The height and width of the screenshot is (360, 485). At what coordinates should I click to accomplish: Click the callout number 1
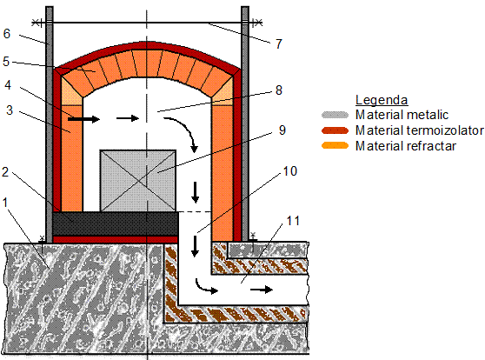pos(4,203)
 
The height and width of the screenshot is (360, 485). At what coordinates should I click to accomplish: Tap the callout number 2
pos(5,172)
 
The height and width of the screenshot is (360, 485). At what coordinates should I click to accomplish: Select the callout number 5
pos(6,62)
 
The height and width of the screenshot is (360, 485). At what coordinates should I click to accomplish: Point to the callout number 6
pos(6,34)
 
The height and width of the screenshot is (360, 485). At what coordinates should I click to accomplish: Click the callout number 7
pos(279,44)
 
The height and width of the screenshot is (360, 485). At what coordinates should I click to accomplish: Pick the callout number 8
pos(279,90)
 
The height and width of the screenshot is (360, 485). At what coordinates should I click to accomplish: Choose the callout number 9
pos(282,130)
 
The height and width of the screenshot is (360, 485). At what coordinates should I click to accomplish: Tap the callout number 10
pos(289,171)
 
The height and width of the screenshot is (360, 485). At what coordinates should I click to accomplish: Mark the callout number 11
pos(293,221)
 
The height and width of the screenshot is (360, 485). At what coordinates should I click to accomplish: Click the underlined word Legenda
pos(382,100)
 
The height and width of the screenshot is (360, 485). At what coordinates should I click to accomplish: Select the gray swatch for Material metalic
pos(335,115)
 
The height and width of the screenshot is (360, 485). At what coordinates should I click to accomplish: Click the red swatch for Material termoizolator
pos(335,130)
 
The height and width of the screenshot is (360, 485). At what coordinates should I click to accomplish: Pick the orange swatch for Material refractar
pos(335,145)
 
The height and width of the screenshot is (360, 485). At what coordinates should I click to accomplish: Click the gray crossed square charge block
pos(138,181)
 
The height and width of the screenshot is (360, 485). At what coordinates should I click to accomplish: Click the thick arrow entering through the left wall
pos(83,118)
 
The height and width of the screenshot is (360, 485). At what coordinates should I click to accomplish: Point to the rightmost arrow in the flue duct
pos(262,290)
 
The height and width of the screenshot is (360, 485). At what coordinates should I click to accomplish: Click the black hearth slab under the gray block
pos(116,223)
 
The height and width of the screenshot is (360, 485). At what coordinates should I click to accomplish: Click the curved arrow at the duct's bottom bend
pos(206,287)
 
